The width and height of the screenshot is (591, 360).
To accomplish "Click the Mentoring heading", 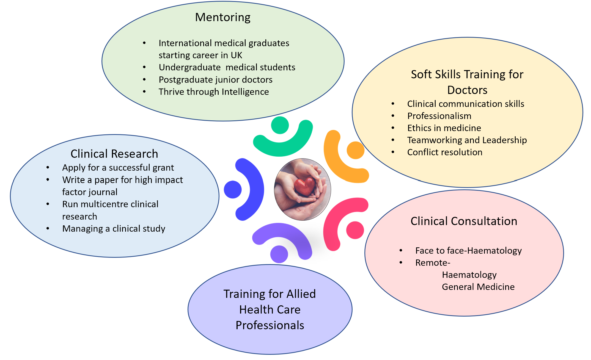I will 223,17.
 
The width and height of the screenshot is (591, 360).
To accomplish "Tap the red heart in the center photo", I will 304,187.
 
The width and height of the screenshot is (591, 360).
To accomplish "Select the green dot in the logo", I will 280,125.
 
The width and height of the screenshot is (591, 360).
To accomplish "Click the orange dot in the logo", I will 355,150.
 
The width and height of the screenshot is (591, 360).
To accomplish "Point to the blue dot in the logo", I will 233,189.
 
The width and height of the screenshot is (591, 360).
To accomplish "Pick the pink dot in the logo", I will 355,230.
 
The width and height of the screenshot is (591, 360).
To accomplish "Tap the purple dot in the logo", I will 279,254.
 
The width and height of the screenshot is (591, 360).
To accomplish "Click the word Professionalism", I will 439,116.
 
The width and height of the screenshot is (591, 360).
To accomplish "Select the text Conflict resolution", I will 445,152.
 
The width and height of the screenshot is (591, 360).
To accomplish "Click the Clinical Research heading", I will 114,154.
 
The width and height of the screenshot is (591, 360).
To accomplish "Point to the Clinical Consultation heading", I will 464,221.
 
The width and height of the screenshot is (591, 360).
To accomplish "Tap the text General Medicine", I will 478,287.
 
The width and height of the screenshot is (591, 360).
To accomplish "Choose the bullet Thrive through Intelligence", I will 214,92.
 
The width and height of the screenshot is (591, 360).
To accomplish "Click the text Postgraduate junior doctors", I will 215,80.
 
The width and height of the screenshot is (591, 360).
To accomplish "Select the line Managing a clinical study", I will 114,229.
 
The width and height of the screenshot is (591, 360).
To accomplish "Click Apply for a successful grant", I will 118,168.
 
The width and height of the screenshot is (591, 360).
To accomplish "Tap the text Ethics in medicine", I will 444,128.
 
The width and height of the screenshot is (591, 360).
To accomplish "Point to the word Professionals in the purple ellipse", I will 270,325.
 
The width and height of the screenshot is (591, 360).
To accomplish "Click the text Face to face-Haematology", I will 468,251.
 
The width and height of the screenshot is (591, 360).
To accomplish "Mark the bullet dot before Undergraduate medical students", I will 144,67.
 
